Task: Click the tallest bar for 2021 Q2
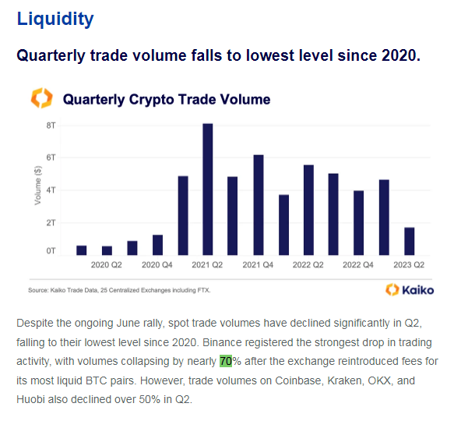[208, 189]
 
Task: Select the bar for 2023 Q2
[409, 241]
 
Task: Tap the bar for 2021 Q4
[258, 204]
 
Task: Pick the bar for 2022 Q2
[308, 210]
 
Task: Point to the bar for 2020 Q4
[157, 245]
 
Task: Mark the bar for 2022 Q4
[358, 222]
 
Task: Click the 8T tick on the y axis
[51, 125]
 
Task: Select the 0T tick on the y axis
[51, 251]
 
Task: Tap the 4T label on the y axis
[51, 189]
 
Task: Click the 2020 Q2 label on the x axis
[107, 265]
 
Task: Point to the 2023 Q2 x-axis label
[409, 265]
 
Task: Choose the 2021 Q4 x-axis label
[258, 265]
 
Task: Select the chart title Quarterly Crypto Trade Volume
[167, 99]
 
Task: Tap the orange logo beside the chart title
[41, 98]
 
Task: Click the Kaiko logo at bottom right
[410, 290]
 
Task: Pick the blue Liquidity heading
[55, 19]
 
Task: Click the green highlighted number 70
[226, 361]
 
